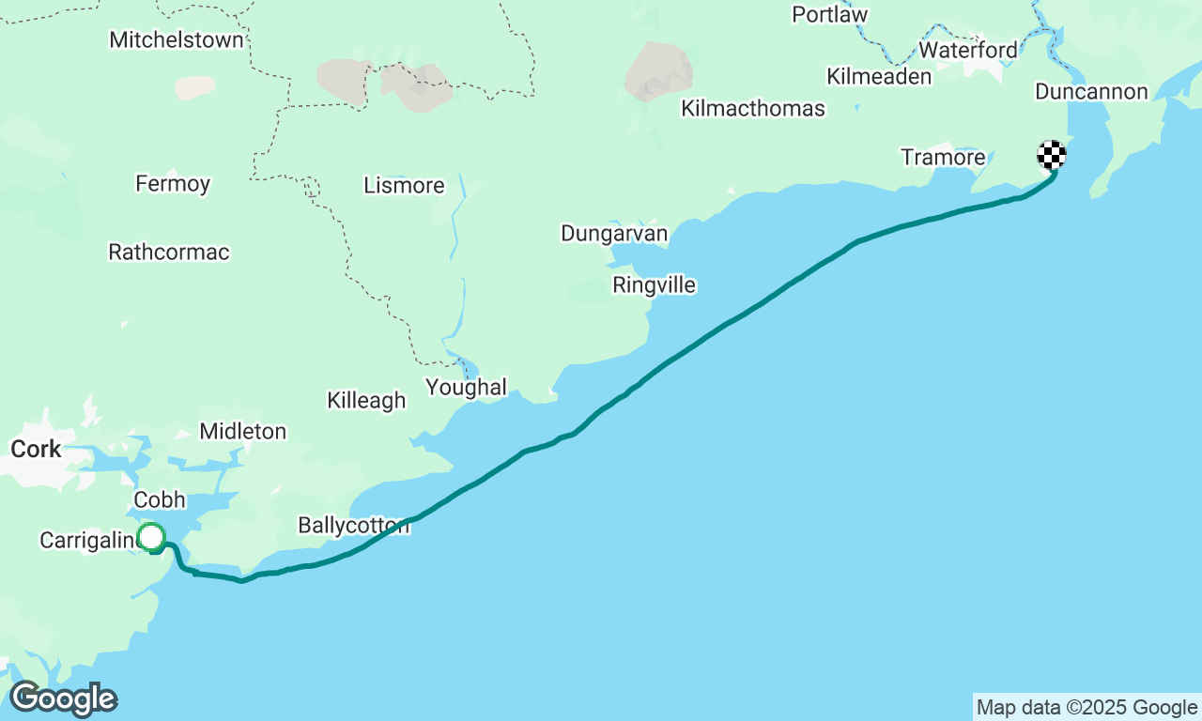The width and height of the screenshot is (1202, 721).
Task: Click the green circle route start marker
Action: pos(151,537)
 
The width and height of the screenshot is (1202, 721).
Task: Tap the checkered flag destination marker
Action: pos(1051,154)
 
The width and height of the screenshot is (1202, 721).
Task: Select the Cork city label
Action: pos(36,449)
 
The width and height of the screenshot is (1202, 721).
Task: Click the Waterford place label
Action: pos(967,50)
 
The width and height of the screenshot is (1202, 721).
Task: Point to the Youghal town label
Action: pos(466,387)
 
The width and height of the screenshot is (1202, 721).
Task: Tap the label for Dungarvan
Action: pos(614,233)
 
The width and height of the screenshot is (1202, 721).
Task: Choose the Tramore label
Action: pos(943,157)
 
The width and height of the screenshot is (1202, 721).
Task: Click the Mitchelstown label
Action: pos(177,39)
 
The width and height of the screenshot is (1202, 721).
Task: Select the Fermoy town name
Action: pos(173,183)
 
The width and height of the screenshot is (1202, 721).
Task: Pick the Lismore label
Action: pos(404,185)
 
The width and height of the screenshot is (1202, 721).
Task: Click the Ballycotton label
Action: pos(353,525)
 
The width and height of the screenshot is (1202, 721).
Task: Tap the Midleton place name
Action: pos(242,431)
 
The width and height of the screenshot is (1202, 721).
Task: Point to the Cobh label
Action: pos(160,499)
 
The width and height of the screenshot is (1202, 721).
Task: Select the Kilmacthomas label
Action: pos(753,108)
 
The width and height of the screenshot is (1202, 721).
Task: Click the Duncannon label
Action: pos(1091,91)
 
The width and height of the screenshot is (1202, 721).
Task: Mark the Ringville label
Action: pos(654,284)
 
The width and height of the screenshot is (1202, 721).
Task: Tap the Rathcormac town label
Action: pos(169,252)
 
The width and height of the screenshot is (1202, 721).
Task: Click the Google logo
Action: pos(63,699)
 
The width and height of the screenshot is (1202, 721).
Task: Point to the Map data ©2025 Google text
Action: pos(1086,708)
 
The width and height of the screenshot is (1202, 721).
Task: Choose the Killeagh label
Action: pos(366,400)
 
